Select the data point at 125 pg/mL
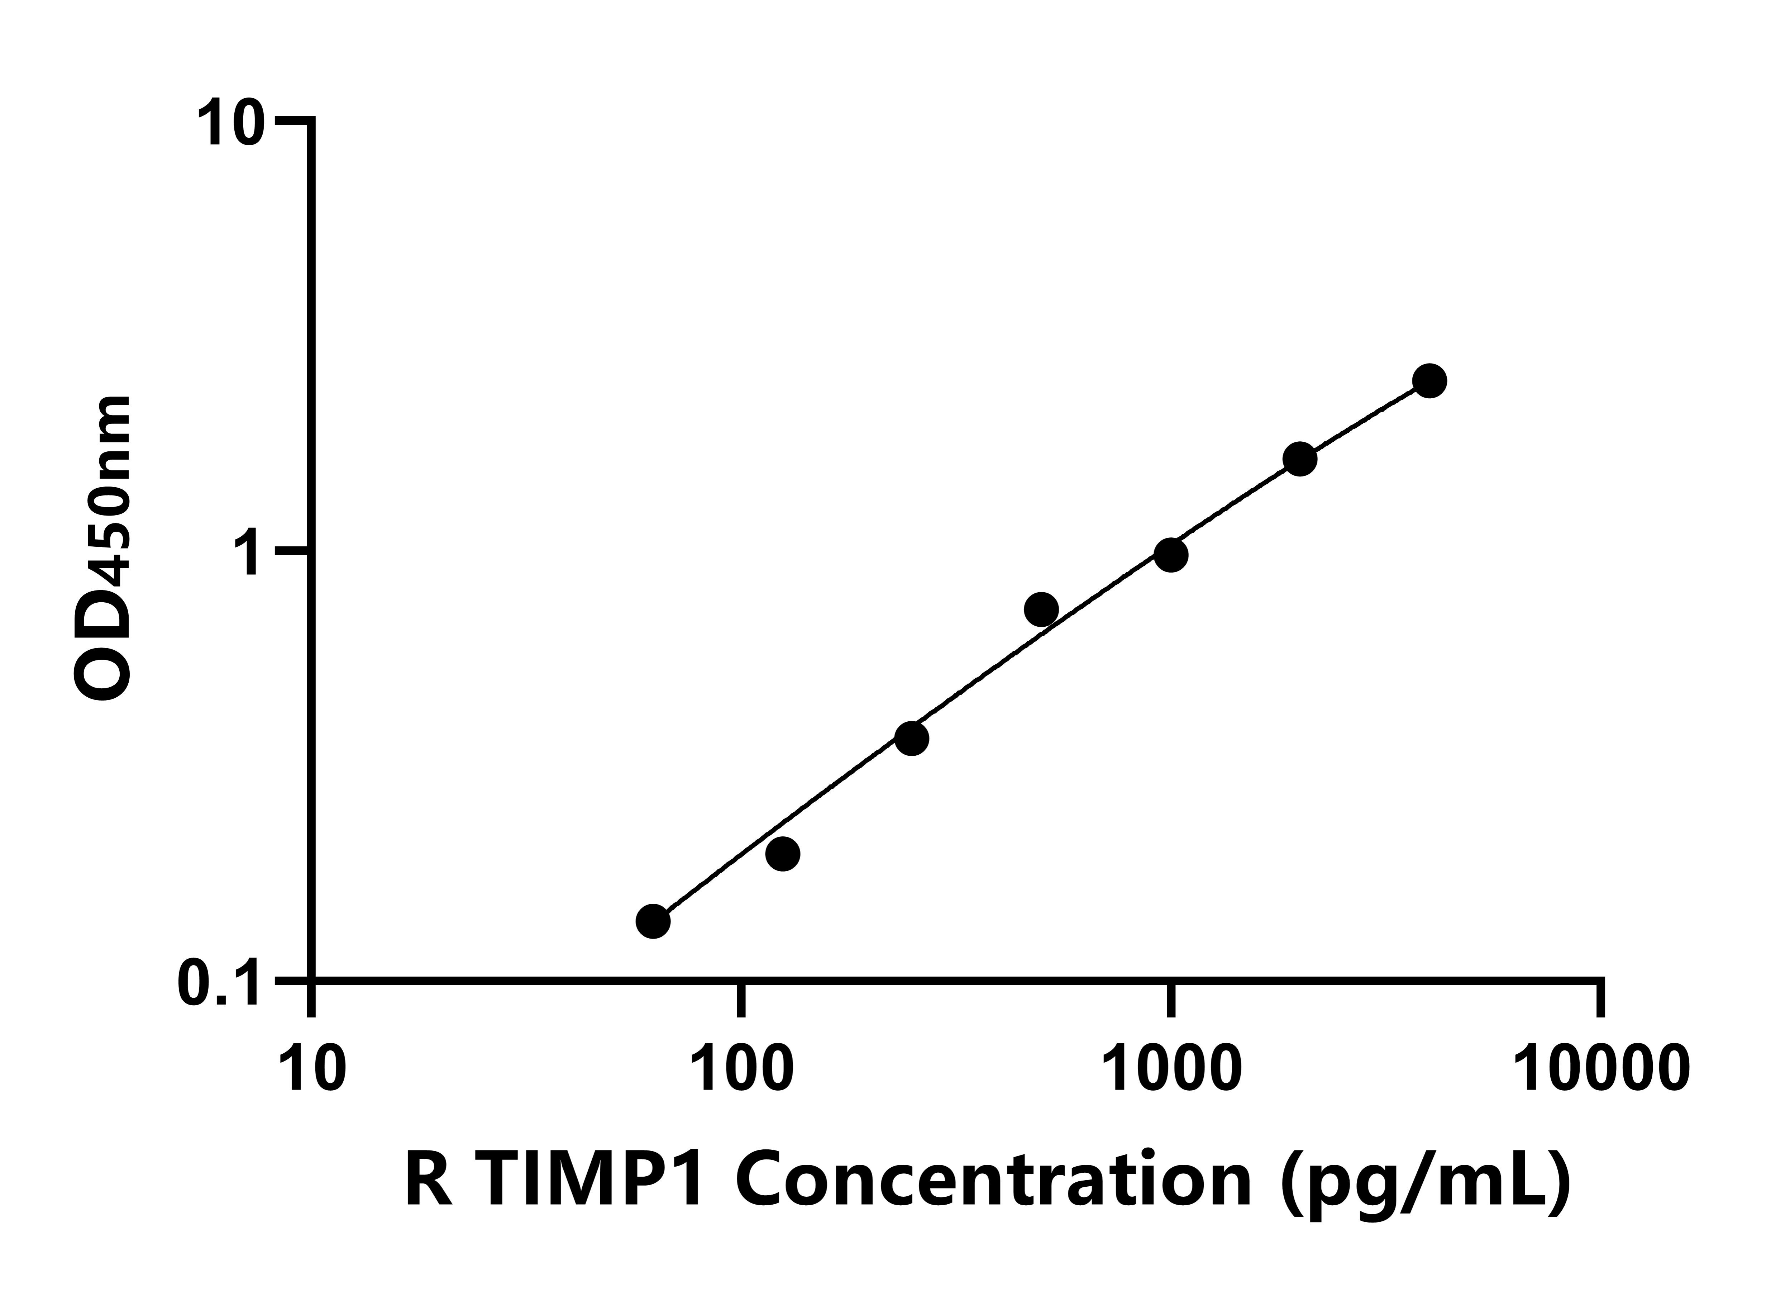[x=782, y=854]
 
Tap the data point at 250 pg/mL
[x=912, y=738]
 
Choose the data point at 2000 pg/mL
[x=1300, y=459]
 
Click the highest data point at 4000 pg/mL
[x=1429, y=381]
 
